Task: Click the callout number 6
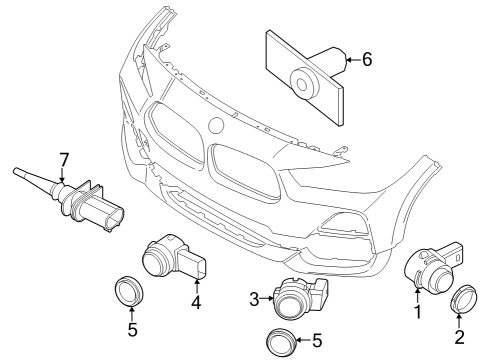pos(367,60)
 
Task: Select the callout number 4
pos(196,301)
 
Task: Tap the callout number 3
pos(254,297)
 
